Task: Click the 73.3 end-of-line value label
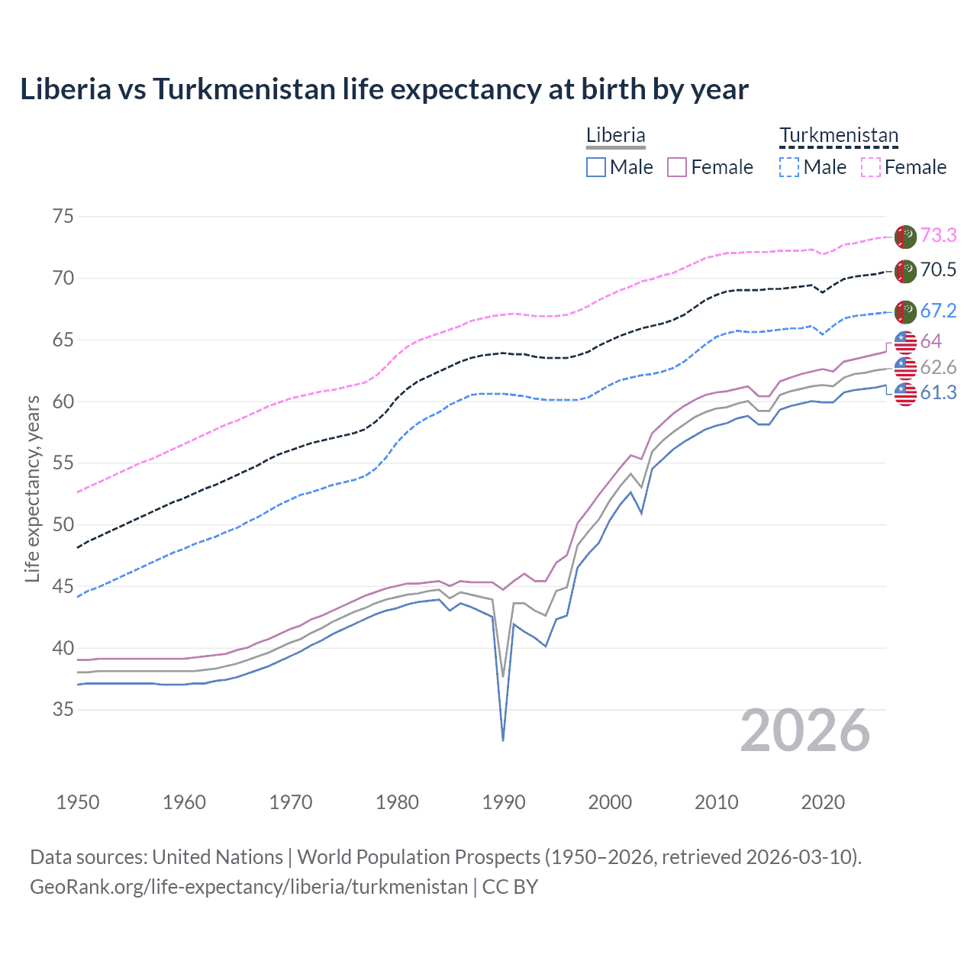[x=938, y=235]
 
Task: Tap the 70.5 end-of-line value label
[x=938, y=269]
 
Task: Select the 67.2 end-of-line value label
[x=938, y=311]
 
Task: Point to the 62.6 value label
[x=938, y=367]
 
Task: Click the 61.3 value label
[x=938, y=392]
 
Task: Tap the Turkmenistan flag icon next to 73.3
[x=905, y=237]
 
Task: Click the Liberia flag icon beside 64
[x=905, y=342]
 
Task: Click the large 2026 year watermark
[x=805, y=731]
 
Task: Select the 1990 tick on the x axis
[x=504, y=802]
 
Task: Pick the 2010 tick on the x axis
[x=716, y=802]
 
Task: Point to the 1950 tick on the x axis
[x=79, y=802]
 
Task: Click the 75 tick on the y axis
[x=63, y=216]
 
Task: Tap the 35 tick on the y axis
[x=63, y=709]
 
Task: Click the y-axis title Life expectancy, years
[x=32, y=488]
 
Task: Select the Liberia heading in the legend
[x=615, y=135]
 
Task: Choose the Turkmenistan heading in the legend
[x=838, y=135]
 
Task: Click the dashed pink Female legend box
[x=871, y=167]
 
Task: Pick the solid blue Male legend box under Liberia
[x=596, y=167]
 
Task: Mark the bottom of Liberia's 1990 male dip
[x=503, y=740]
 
